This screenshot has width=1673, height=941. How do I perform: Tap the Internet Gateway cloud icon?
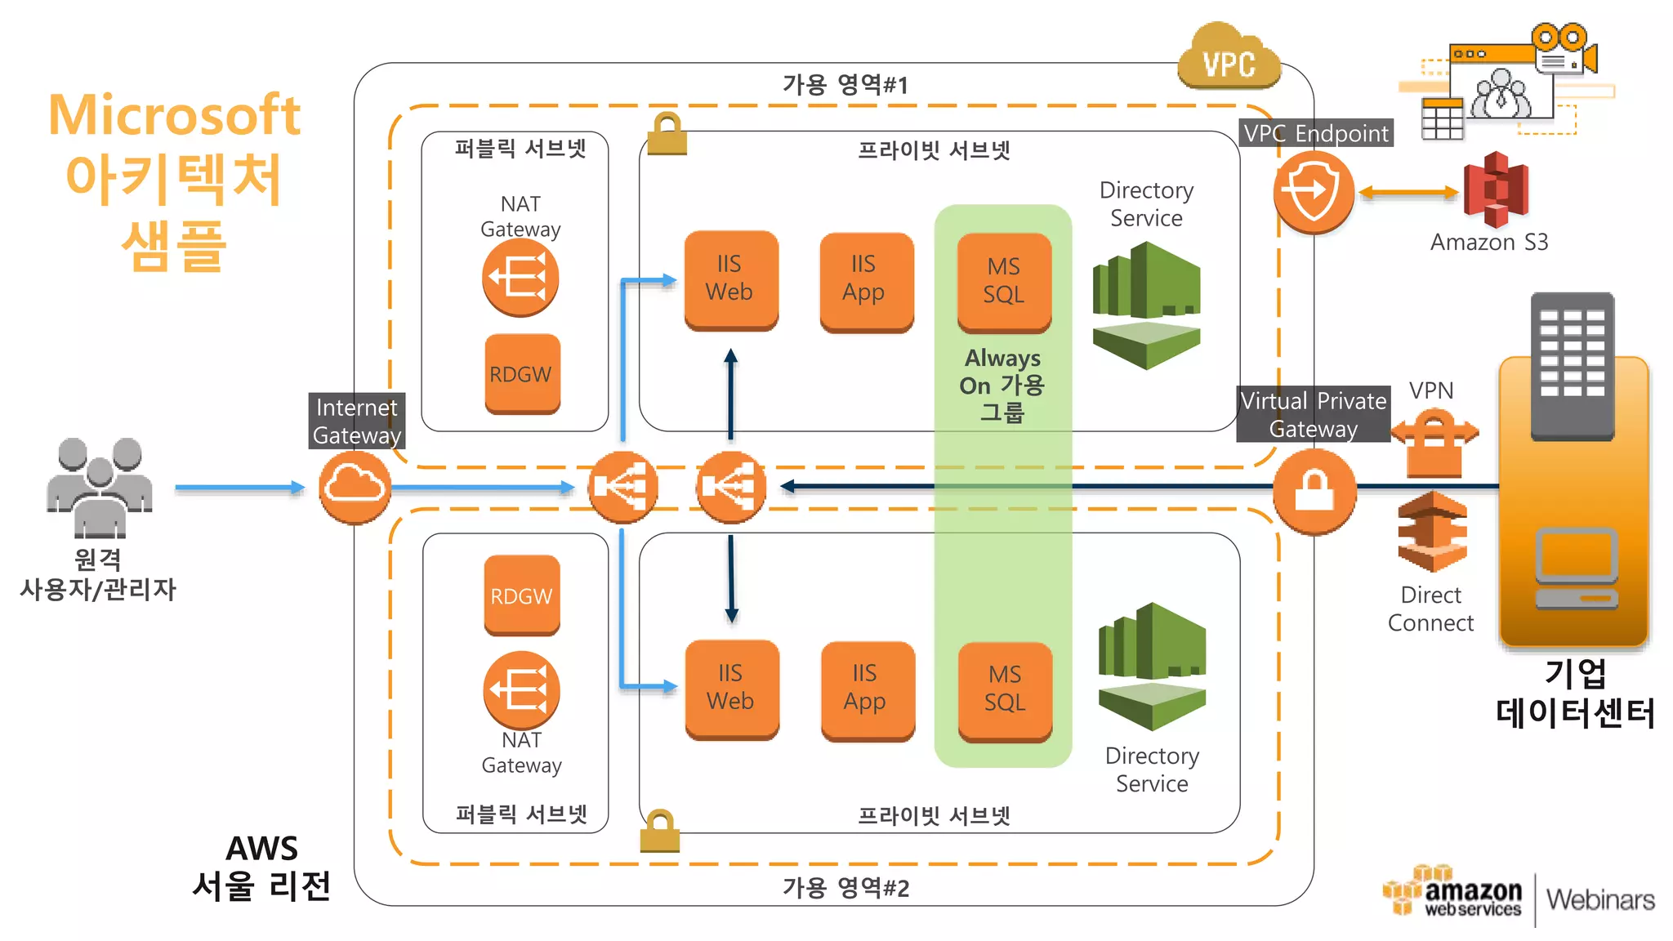355,488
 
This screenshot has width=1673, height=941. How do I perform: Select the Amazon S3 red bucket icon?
1496,190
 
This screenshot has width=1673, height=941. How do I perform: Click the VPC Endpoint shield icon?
1314,193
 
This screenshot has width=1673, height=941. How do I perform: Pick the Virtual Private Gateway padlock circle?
1314,491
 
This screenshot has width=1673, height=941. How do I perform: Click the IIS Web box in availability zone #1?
730,280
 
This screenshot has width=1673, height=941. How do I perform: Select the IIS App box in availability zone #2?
867,691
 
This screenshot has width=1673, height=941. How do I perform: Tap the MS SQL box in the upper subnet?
1004,283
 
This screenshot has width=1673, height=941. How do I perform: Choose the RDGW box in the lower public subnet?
522,595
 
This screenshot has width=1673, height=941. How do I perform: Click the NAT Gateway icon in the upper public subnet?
520,278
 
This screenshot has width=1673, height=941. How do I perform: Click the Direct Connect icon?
1432,532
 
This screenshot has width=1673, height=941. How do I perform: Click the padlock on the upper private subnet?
667,133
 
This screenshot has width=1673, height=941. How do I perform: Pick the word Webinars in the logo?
1600,899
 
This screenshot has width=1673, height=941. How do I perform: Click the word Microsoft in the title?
175,114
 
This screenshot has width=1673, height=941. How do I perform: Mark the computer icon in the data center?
1577,569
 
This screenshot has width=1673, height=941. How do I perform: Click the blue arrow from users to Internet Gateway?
240,488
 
